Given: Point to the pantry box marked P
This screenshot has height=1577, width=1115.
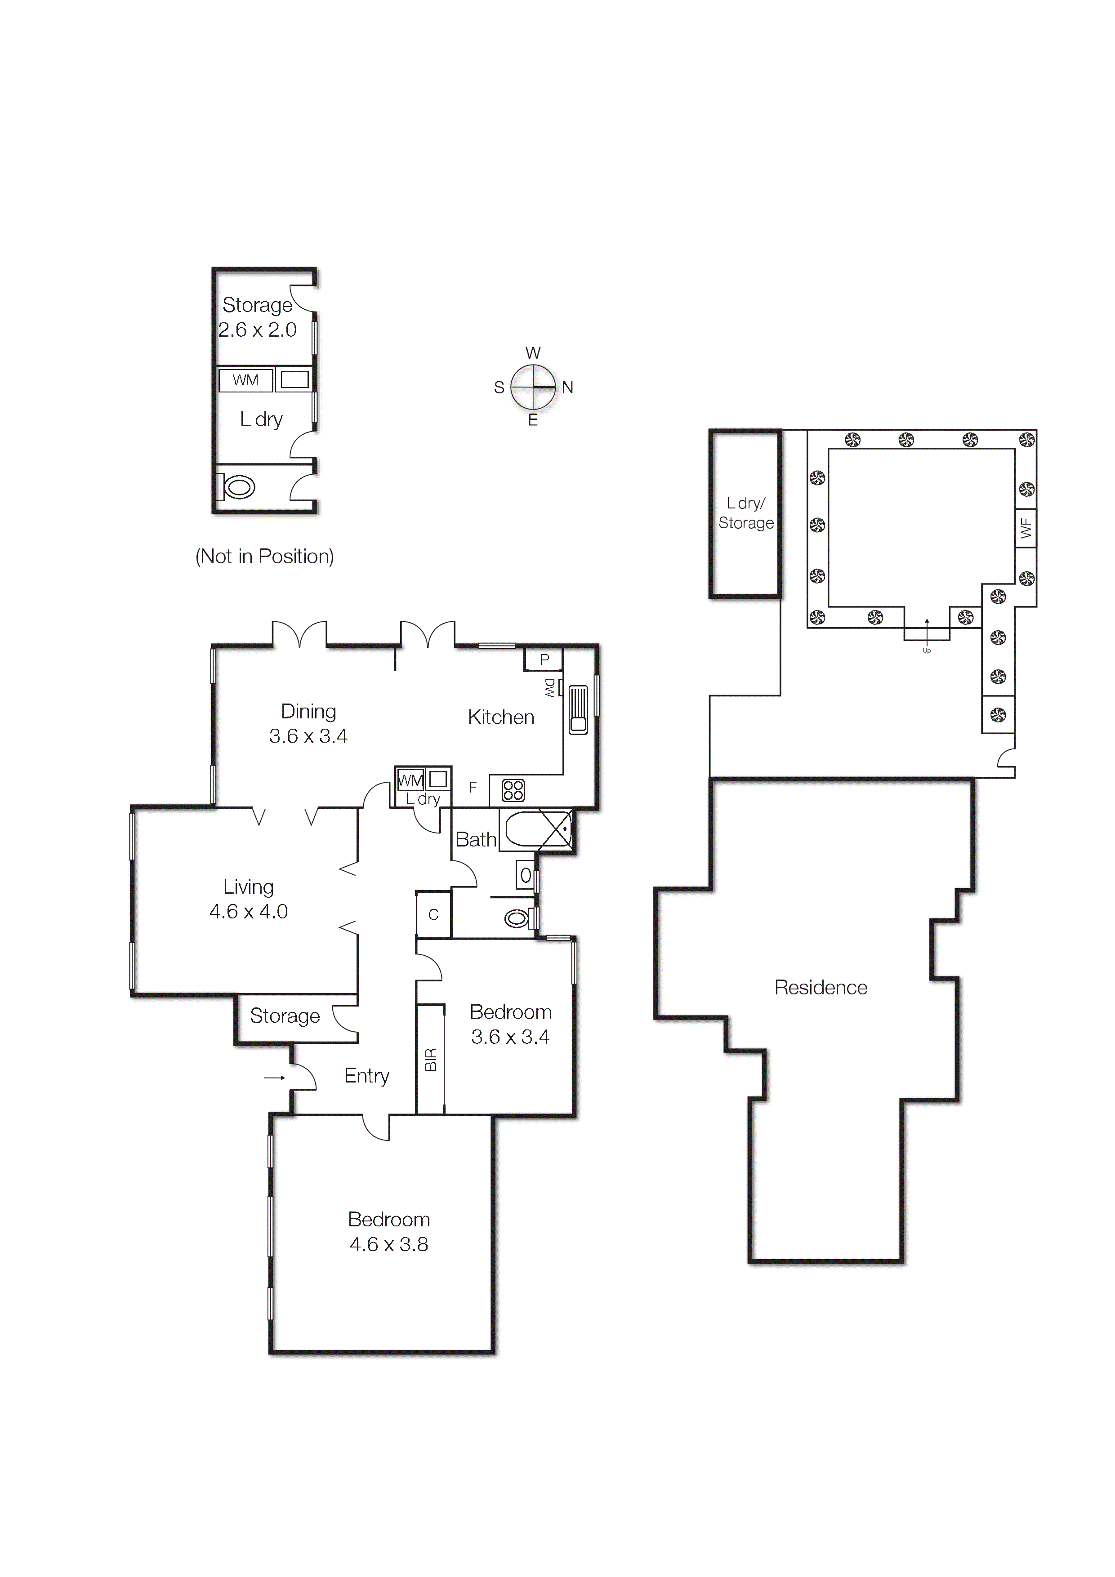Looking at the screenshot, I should (x=544, y=660).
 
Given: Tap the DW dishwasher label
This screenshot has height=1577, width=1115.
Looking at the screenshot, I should (x=549, y=687).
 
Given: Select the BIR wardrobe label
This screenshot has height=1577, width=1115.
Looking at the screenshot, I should (x=431, y=1059).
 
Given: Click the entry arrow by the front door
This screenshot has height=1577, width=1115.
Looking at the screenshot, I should (x=274, y=1078).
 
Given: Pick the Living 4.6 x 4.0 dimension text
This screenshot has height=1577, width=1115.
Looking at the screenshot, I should (x=249, y=911).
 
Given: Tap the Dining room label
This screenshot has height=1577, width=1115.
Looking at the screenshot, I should (x=308, y=712).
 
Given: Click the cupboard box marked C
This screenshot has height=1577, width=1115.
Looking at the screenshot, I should (x=433, y=915).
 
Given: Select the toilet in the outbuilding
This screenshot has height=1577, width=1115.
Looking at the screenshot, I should (x=237, y=488).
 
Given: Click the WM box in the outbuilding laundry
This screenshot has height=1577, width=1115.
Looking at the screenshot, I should (x=245, y=380).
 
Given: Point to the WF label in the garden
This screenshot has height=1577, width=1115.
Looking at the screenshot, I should (x=1026, y=527).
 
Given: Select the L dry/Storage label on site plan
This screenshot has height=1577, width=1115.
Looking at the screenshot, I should (x=745, y=513).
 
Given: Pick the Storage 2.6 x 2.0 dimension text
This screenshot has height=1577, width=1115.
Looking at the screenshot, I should (x=258, y=330).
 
